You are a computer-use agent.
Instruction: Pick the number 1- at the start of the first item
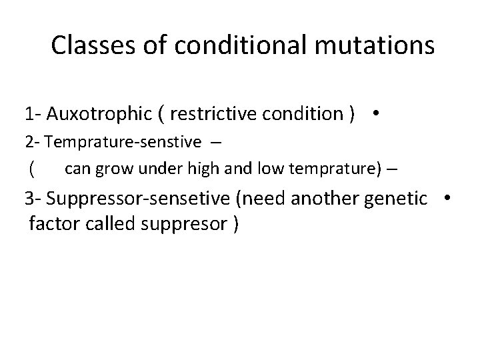33,114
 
